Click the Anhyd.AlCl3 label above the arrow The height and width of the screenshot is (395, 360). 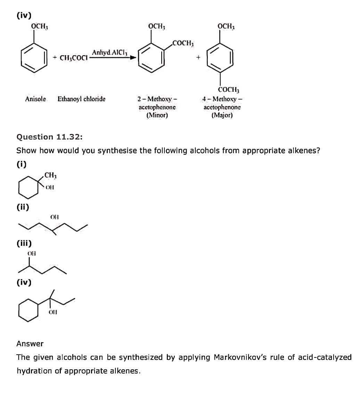coord(110,53)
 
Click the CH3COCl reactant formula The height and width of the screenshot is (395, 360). coord(74,58)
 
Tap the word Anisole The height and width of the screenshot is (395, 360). coord(35,99)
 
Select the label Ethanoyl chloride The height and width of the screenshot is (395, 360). coord(82,99)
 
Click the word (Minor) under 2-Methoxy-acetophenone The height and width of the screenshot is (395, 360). coord(157,115)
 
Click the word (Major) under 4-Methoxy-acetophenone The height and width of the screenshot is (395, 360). coord(222,115)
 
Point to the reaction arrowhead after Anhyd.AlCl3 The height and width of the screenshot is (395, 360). coord(133,57)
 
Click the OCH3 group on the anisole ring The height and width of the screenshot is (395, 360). coord(40,26)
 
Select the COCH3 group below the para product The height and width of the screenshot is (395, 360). coord(229,89)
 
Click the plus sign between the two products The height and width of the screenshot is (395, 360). coord(198,58)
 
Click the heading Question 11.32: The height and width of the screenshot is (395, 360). coord(50,137)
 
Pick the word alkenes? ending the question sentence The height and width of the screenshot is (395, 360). coord(304,151)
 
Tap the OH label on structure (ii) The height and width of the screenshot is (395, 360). coord(55,217)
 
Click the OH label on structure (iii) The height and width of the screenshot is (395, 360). coord(32,253)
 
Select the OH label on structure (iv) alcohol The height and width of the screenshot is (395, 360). coord(53,312)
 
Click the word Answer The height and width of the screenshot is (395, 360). coord(30,344)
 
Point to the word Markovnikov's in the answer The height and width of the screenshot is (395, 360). coord(240,357)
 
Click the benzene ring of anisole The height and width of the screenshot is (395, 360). coord(34,58)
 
